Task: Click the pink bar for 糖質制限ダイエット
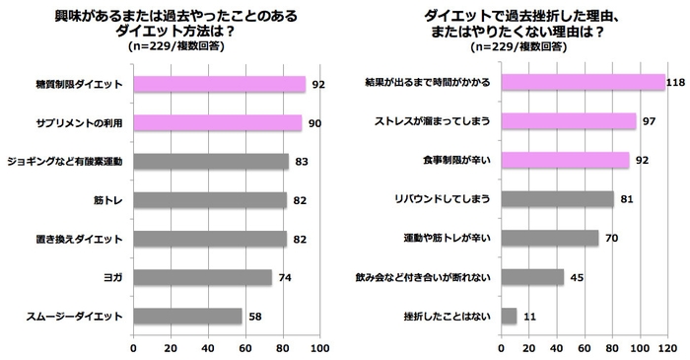coord(219,84)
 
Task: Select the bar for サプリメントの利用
coord(217,122)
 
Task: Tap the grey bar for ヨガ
coord(202,277)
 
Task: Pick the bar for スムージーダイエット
coord(187,316)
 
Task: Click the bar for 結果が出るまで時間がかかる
coord(583,82)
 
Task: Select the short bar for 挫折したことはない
coord(510,316)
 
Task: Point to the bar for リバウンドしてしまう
coord(557,198)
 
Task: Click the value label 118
coord(675,82)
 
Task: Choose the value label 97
coord(649,121)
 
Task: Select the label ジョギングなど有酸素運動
coord(64,161)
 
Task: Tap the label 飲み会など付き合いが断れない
coord(426,277)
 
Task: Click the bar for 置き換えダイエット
coord(209,239)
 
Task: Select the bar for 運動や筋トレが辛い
coord(550,238)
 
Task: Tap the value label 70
coord(612,238)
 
